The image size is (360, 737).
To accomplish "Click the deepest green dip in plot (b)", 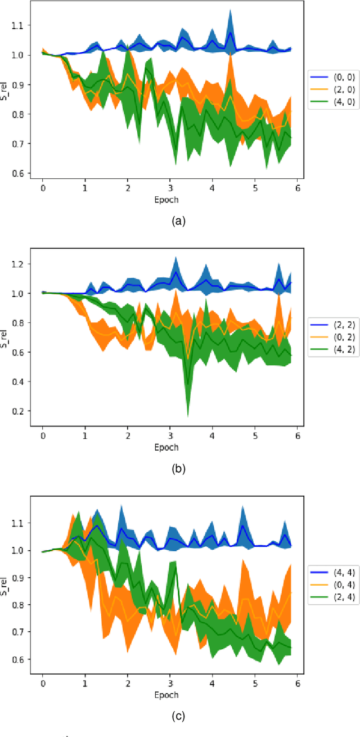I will point(187,416).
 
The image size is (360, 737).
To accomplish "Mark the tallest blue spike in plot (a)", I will point(229,10).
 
